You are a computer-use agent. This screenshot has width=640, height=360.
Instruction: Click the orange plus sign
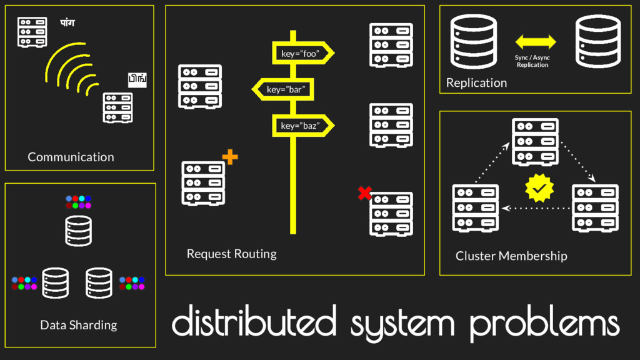point(230,157)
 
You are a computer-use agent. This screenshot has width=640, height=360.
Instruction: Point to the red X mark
point(364,193)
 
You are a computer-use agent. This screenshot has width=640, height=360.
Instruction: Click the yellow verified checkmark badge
point(539,188)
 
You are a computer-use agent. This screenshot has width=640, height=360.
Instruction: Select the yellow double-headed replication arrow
point(536,42)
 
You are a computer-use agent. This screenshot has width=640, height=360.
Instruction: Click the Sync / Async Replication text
point(532,61)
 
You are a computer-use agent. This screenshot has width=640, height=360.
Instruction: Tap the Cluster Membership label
point(511,256)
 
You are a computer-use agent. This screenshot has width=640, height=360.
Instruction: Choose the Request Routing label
point(231,254)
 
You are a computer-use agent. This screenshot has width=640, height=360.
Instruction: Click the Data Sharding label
point(78,325)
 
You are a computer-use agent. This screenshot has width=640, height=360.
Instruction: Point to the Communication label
point(71,157)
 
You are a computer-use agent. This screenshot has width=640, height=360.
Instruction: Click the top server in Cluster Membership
point(535,142)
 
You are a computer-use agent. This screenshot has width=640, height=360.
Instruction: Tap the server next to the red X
point(391,214)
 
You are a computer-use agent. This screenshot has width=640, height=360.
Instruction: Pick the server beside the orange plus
point(203,182)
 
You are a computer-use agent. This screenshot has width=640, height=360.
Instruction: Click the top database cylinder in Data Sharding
point(79,231)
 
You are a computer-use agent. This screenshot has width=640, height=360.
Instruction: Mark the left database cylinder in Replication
point(473,42)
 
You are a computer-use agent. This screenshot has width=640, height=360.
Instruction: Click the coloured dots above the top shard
point(79,202)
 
